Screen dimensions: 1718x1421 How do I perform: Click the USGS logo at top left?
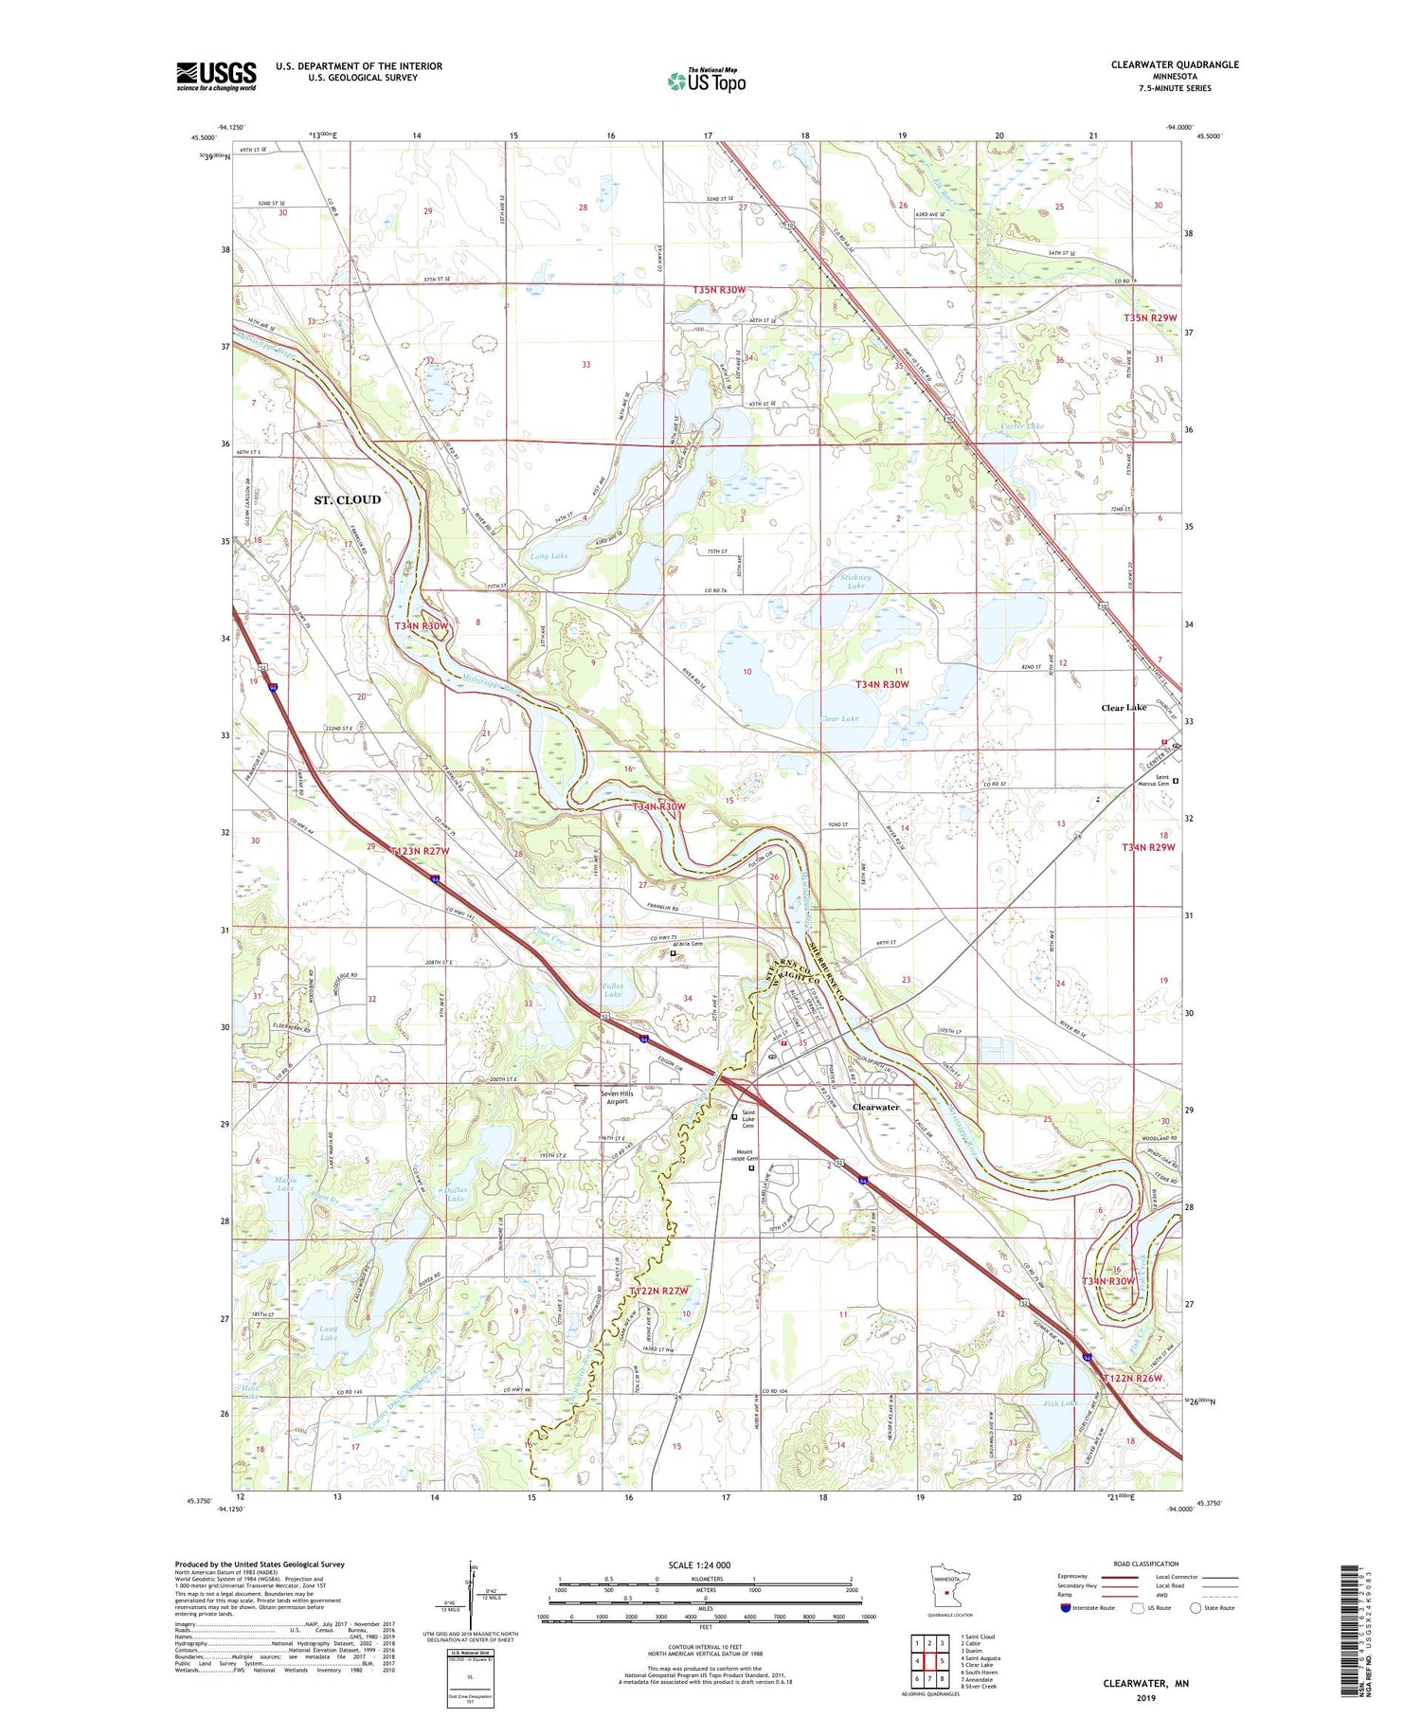(x=216, y=76)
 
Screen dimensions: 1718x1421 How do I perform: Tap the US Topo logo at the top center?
(x=706, y=81)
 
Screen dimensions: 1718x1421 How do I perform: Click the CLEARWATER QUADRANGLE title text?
(x=1175, y=64)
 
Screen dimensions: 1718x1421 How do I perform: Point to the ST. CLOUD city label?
(x=348, y=499)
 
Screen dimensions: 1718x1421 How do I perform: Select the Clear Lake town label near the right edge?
(x=1124, y=708)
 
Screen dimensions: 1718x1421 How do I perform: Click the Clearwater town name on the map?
(x=875, y=1107)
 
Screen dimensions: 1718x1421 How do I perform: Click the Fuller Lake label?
(x=612, y=989)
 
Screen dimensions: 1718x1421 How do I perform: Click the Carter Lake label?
(x=1022, y=426)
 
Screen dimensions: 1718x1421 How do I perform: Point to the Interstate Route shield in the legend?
(x=1065, y=1608)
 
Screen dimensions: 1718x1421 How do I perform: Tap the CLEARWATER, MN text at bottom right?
(x=1145, y=1683)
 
